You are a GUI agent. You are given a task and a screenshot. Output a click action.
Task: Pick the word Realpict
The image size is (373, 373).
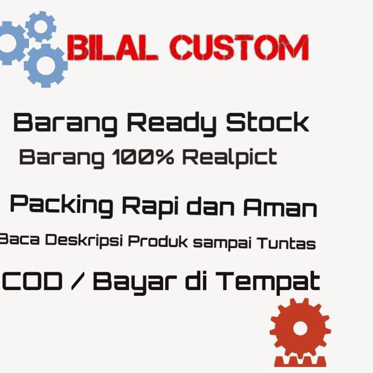[x=230, y=158]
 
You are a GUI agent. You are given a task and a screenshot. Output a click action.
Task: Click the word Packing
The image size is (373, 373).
[x=61, y=206]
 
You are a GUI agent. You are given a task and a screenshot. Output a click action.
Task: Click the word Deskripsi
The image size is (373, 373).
[x=83, y=241]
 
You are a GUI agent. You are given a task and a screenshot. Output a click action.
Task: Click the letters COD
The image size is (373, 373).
[x=33, y=282]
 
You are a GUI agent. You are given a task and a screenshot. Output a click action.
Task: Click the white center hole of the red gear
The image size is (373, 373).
[x=300, y=329]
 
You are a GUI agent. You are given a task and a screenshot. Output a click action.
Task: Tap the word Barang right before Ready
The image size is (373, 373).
[x=65, y=123]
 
